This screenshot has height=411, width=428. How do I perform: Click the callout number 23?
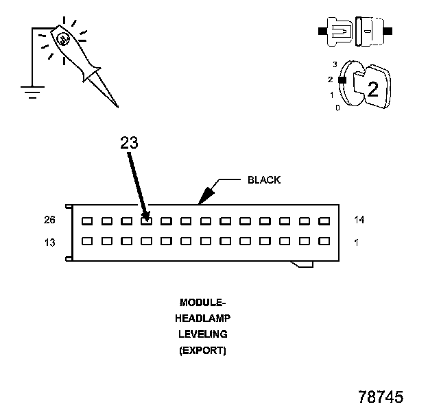[x=129, y=143]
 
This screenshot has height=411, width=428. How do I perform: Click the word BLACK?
[x=264, y=180]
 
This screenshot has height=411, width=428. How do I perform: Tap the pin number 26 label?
[x=49, y=221]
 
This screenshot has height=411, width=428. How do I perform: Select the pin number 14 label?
[x=359, y=221]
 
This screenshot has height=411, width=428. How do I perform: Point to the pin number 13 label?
[x=49, y=242]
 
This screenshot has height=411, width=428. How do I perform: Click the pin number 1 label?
[x=357, y=242]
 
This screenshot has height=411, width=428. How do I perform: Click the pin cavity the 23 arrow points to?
[x=146, y=221]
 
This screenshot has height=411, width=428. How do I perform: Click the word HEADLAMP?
[x=202, y=318]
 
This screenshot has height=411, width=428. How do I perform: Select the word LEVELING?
[x=202, y=334]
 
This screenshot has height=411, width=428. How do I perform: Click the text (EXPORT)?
[x=202, y=351]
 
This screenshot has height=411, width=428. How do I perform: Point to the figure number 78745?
[x=380, y=397]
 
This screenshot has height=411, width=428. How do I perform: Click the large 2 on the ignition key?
[x=372, y=88]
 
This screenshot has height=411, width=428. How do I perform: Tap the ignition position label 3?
[x=335, y=64]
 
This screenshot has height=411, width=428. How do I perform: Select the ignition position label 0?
[x=337, y=108]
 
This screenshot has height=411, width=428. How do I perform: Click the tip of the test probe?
[x=117, y=107]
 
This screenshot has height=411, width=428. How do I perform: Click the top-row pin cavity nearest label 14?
[x=324, y=221]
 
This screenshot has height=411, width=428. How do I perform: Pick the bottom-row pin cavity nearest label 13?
[x=86, y=241]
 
